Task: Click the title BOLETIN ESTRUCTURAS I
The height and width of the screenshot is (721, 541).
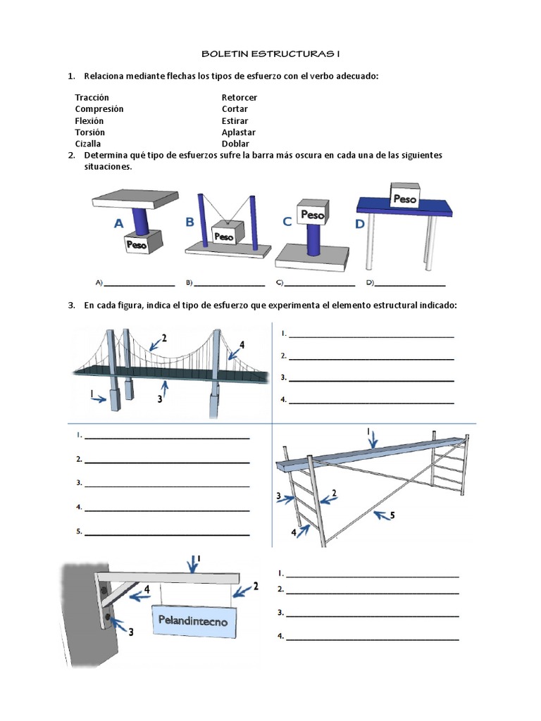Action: tap(271, 54)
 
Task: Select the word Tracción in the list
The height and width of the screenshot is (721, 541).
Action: tap(92, 97)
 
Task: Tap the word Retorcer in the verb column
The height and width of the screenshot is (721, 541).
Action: tap(240, 97)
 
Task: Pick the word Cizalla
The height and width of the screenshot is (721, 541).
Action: tap(88, 144)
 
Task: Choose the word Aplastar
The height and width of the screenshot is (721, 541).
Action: tap(239, 132)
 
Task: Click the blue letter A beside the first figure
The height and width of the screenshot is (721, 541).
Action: tap(119, 224)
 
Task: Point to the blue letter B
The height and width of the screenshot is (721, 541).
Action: tap(189, 222)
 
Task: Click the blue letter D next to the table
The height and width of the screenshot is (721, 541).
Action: tap(360, 225)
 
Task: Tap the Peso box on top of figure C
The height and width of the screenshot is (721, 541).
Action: tap(312, 214)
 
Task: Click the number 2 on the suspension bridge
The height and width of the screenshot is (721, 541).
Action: tap(164, 338)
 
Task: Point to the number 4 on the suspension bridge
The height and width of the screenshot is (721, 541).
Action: tap(242, 345)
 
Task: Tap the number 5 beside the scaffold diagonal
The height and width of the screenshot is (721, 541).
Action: tap(392, 515)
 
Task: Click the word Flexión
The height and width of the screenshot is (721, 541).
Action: tap(89, 120)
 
